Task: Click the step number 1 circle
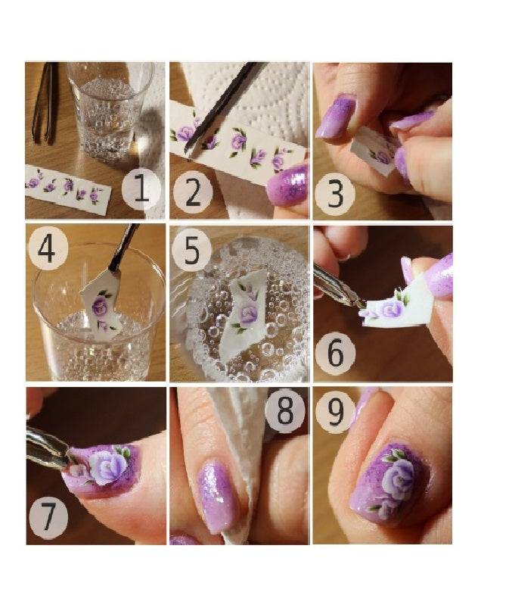point(141,189)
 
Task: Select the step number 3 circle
point(335,195)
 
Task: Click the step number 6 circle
point(335,353)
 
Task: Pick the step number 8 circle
point(285,411)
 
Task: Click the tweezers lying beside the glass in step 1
point(45,103)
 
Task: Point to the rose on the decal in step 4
point(100,307)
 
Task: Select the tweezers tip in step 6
point(361,305)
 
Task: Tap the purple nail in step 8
point(218,497)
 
